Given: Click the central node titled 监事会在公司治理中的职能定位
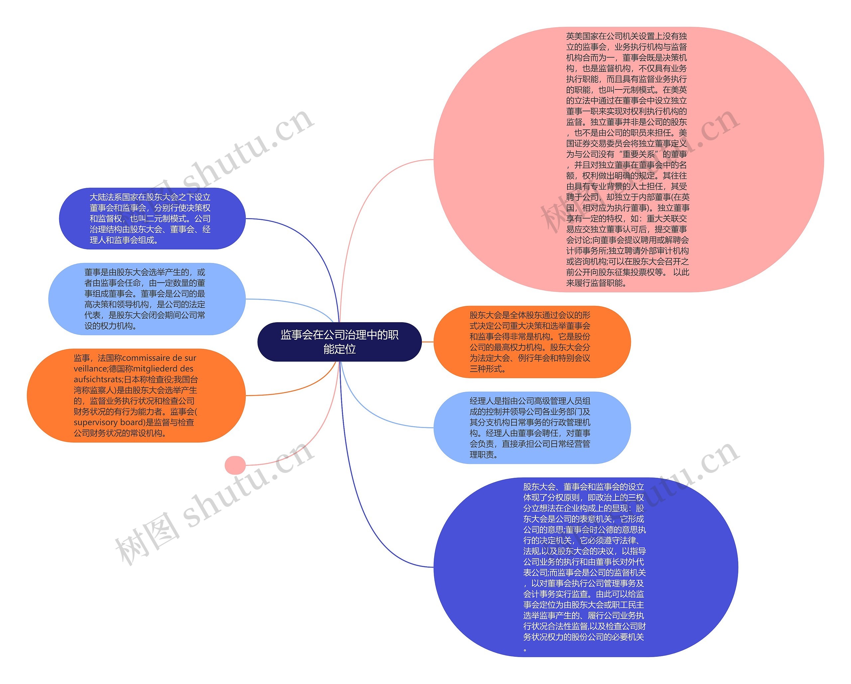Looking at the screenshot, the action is click(339, 342).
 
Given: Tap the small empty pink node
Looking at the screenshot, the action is click(235, 465).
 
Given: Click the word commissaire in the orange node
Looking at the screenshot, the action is click(147, 358).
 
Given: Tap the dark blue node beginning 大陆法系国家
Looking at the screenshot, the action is click(152, 218).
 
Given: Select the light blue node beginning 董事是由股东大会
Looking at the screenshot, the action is click(147, 299).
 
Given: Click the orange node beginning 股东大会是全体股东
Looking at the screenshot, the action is click(532, 342).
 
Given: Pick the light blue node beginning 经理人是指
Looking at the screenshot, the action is click(532, 428).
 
